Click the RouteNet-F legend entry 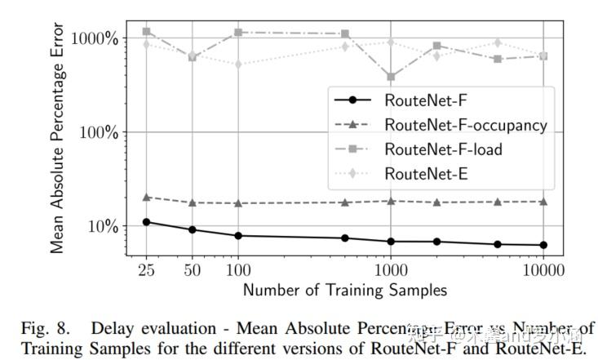click(x=421, y=101)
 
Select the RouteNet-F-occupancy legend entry click(x=465, y=126)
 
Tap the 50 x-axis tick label click(x=192, y=269)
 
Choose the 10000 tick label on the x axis click(x=543, y=269)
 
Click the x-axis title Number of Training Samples click(x=345, y=290)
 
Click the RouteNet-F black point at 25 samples click(x=147, y=222)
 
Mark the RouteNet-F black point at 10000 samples click(x=543, y=245)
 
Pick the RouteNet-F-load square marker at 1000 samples click(x=392, y=78)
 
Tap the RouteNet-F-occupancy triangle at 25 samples click(x=147, y=198)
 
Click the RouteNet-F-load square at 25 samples click(x=147, y=32)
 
